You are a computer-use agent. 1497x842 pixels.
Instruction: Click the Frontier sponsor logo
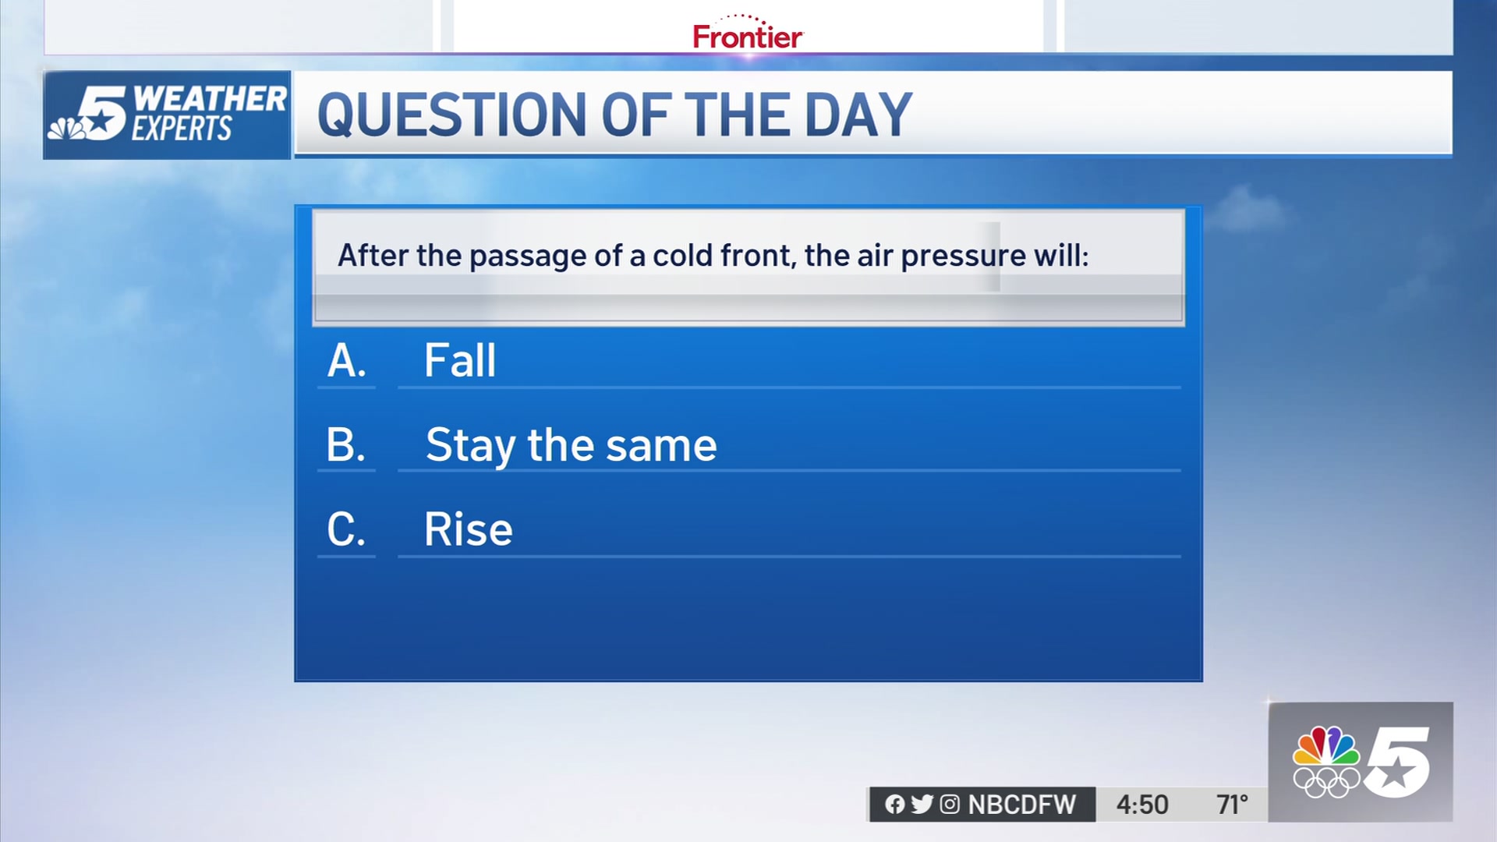(747, 33)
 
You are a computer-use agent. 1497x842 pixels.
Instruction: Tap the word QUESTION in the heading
(452, 115)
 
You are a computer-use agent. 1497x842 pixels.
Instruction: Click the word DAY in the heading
(858, 115)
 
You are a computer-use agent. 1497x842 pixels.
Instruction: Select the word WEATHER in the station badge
(210, 99)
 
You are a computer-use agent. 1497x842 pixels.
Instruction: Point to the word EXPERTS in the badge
(182, 129)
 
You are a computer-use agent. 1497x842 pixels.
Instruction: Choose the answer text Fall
(460, 360)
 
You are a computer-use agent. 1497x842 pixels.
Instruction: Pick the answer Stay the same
(571, 446)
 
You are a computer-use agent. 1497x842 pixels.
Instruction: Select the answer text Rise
(468, 529)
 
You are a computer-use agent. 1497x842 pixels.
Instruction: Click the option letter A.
(347, 361)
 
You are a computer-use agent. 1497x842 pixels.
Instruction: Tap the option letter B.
(346, 445)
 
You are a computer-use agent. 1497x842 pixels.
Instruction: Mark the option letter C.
(346, 529)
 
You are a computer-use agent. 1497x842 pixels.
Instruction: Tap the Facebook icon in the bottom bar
(895, 805)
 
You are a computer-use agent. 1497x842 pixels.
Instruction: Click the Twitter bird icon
(922, 805)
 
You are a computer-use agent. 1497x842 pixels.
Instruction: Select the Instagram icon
(950, 805)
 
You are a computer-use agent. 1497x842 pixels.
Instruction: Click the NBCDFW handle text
(1021, 805)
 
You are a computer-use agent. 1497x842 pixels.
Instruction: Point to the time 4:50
(1142, 805)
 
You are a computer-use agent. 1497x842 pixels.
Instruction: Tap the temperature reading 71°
(1232, 805)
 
